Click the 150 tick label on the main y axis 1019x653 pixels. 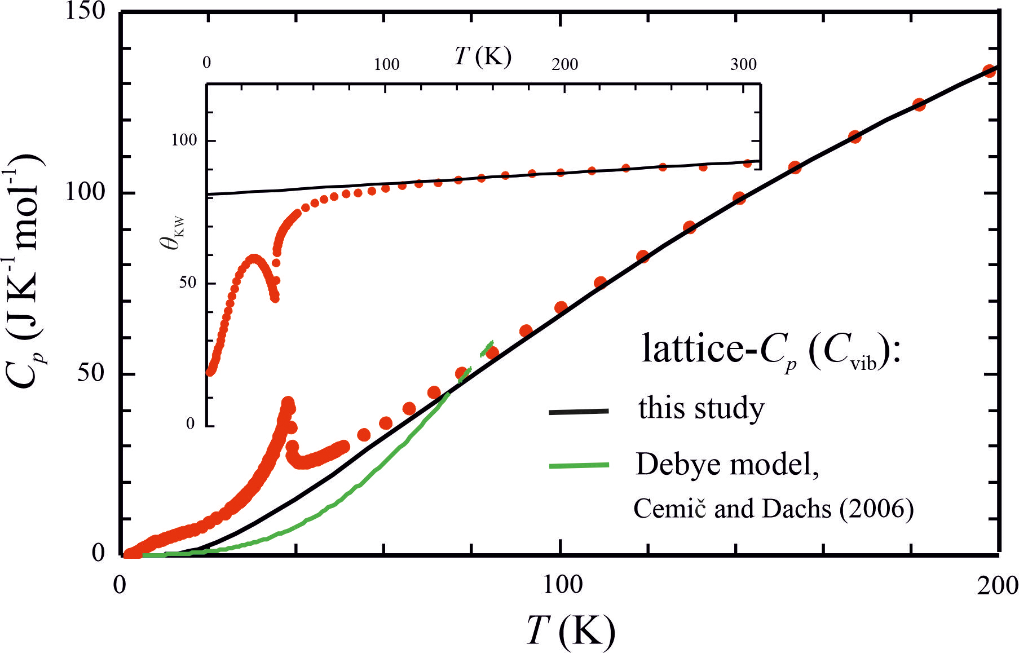point(85,11)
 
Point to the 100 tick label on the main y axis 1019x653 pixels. point(85,192)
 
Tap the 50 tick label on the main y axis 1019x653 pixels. point(91,373)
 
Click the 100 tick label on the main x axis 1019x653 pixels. point(562,585)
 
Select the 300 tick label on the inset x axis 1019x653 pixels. point(743,64)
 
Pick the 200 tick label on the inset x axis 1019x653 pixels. point(564,64)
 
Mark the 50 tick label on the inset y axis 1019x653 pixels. point(188,283)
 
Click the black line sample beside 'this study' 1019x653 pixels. point(579,412)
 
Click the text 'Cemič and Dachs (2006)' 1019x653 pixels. point(773,509)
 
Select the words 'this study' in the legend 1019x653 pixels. point(701,408)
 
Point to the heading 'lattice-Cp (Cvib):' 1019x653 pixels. point(771,350)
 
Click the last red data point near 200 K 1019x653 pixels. point(989,71)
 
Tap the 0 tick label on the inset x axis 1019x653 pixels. point(207,62)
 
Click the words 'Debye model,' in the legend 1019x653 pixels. point(727,465)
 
